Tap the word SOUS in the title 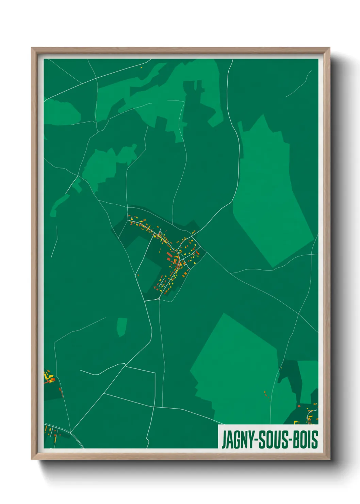click(x=274, y=440)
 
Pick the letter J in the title click(x=224, y=440)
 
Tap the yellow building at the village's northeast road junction click(x=193, y=232)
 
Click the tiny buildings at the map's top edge click(x=141, y=67)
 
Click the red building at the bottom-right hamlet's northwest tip click(x=299, y=406)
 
